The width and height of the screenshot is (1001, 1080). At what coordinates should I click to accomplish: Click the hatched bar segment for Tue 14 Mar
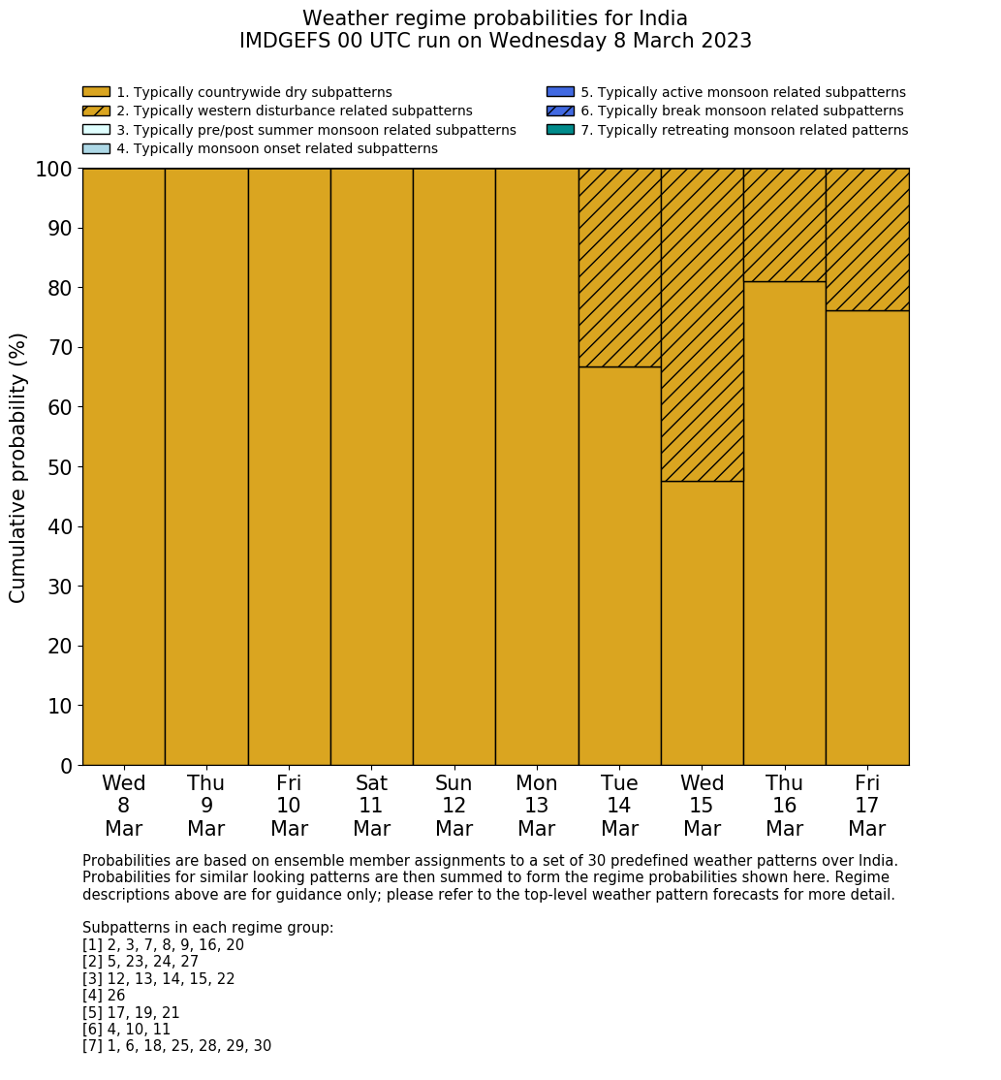tap(619, 268)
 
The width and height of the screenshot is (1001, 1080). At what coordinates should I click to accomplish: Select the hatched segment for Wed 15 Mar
tap(702, 325)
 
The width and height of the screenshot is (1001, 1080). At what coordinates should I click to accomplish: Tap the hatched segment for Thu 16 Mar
tap(784, 225)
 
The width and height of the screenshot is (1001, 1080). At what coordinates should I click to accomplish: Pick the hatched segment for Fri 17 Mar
tap(867, 239)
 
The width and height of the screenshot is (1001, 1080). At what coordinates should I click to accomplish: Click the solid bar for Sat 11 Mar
tap(371, 466)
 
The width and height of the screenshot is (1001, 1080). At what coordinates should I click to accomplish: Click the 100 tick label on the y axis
tap(54, 170)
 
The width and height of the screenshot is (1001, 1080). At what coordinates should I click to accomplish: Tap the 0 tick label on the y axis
tap(66, 766)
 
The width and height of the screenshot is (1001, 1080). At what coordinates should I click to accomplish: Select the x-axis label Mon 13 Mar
tap(537, 806)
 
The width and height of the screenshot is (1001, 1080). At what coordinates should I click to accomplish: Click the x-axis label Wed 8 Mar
tap(124, 806)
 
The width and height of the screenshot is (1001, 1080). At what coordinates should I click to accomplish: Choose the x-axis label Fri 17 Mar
tap(867, 806)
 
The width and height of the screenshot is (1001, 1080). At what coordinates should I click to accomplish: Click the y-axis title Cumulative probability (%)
tap(18, 467)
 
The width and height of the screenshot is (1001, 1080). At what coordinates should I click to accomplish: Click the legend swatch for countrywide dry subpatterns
tap(96, 92)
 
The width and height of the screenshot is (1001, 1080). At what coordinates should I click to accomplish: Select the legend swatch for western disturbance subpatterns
tap(96, 111)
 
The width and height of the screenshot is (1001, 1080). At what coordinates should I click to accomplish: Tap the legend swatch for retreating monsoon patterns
tap(560, 130)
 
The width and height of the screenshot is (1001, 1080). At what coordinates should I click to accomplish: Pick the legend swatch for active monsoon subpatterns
tap(560, 92)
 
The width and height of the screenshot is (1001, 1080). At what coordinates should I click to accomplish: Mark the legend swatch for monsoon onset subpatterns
tap(96, 148)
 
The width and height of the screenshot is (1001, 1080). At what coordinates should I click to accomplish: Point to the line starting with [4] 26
tap(104, 996)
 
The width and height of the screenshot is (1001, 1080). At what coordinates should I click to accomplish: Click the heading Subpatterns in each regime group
tap(207, 928)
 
